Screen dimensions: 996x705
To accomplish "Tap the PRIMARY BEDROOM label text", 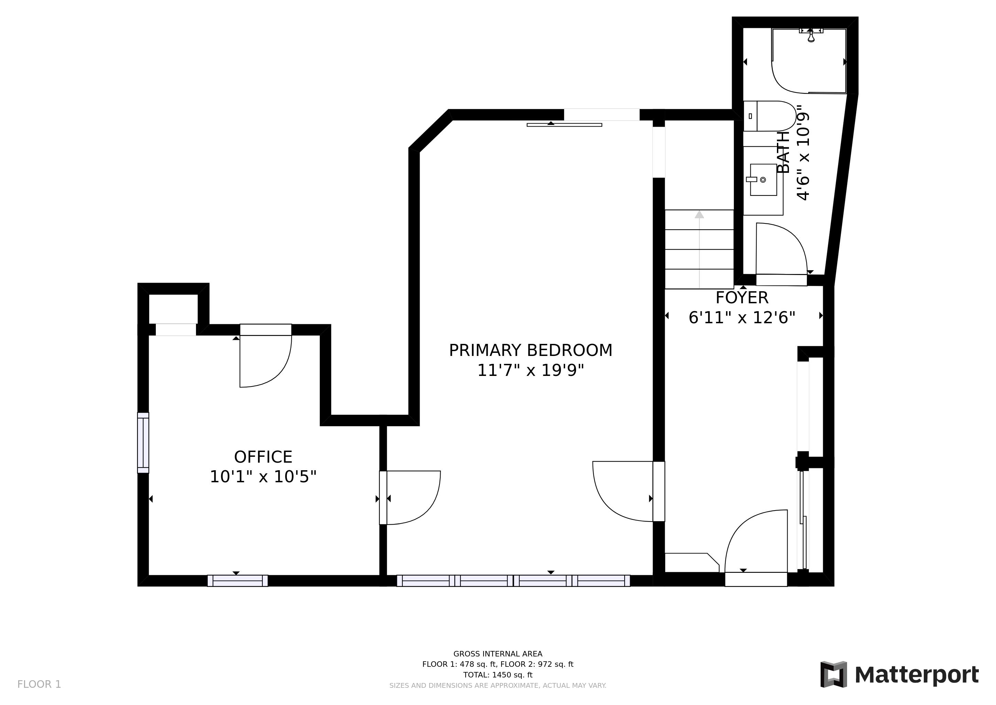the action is click(531, 350).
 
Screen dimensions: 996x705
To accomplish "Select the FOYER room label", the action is click(742, 298).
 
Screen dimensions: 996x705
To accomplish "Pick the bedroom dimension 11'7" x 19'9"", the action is click(531, 370).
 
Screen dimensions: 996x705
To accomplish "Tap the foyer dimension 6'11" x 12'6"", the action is click(742, 317).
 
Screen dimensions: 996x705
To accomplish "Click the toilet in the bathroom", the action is click(770, 116).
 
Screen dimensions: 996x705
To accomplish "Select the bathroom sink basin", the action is click(763, 180).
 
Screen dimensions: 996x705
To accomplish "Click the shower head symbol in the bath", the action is click(811, 35).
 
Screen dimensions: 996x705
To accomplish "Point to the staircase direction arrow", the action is click(699, 249).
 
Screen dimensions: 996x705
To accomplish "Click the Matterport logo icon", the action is click(833, 674).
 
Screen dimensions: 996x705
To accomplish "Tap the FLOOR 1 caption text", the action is click(39, 685).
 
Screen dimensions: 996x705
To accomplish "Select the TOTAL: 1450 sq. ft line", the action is click(498, 675).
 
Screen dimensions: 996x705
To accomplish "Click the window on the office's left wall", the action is click(143, 443).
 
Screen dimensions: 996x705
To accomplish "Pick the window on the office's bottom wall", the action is click(238, 581).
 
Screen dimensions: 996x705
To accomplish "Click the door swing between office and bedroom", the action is click(427, 510).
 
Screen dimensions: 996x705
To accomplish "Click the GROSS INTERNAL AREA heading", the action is click(498, 654).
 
